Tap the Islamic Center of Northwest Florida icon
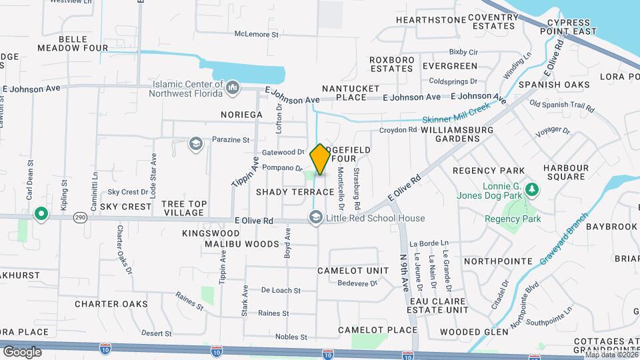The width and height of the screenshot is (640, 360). click(x=233, y=86)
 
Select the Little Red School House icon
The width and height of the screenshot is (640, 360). click(x=315, y=218)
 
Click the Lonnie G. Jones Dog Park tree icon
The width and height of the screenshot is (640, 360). click(x=531, y=189)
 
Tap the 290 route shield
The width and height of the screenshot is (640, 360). click(x=79, y=217)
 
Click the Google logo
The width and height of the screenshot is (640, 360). click(x=22, y=351)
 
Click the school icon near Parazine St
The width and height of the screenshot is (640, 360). click(x=195, y=143)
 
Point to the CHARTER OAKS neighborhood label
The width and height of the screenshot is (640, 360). click(x=111, y=304)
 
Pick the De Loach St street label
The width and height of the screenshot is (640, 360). click(x=281, y=291)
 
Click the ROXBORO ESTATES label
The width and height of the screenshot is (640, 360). click(x=392, y=64)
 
